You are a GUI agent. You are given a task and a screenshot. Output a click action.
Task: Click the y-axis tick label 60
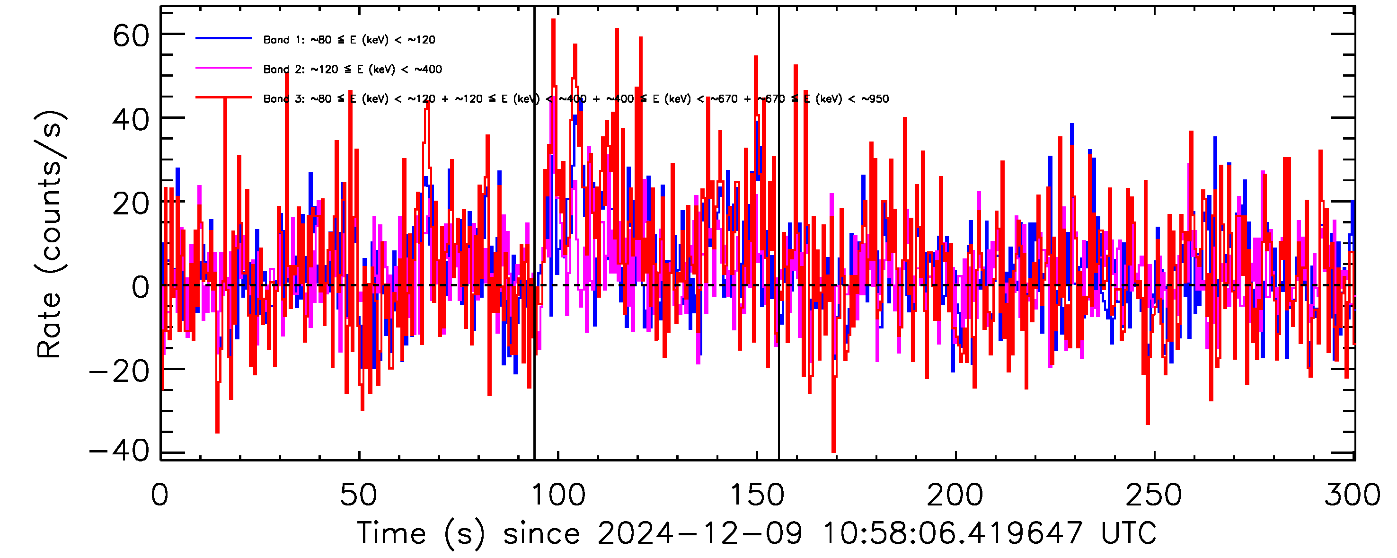[131, 37]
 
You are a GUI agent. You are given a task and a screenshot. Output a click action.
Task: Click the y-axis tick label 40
[131, 120]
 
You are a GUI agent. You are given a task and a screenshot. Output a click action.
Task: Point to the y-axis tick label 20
[131, 204]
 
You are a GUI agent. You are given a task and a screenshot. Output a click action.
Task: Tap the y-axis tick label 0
[141, 287]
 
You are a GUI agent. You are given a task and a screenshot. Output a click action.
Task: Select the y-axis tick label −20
[119, 372]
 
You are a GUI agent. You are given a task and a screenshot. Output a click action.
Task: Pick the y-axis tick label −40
[119, 451]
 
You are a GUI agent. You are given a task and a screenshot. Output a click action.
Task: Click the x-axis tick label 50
[358, 495]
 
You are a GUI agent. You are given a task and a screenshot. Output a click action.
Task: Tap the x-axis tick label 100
[558, 495]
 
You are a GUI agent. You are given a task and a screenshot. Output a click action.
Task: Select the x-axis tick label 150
[757, 495]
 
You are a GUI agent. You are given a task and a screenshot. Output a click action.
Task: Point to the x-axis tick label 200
[955, 495]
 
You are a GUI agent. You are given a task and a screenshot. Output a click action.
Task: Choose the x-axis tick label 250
[1154, 495]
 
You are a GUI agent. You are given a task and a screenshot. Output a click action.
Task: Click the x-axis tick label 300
[1353, 495]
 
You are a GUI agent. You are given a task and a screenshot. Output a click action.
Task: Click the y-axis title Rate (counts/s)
[50, 234]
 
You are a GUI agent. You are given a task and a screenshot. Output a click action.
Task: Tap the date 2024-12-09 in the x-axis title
[699, 533]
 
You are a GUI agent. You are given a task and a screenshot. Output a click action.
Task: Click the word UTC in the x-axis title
[1129, 533]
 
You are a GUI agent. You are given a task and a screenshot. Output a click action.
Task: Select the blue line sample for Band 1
[223, 38]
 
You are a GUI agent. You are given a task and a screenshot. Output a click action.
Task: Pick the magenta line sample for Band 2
[223, 68]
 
